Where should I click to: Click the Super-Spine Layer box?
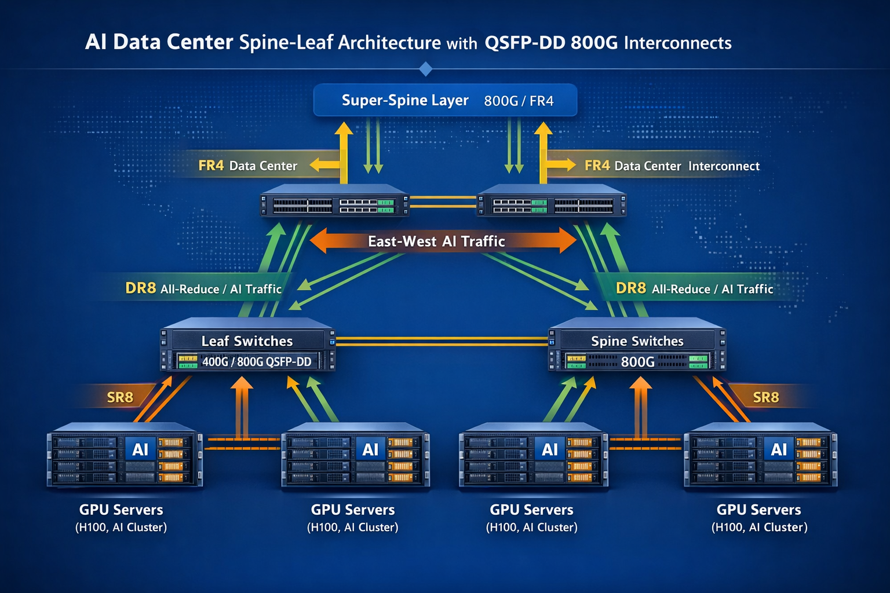445,100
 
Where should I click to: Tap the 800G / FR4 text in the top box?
519,101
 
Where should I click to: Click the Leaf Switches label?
247,341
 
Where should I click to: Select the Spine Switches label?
637,341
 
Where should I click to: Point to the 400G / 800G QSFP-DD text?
257,362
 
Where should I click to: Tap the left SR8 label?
120,397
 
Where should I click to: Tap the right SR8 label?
765,397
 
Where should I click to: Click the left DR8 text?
140,288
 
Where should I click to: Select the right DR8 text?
630,288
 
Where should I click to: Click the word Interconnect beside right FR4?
724,166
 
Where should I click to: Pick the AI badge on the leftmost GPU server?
140,449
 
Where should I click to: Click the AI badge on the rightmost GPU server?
779,449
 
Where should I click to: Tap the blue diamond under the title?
425,69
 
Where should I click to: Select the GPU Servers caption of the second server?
352,510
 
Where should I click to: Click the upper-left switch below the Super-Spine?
334,202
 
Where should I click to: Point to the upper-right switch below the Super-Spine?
551,202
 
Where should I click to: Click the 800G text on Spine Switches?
637,362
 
